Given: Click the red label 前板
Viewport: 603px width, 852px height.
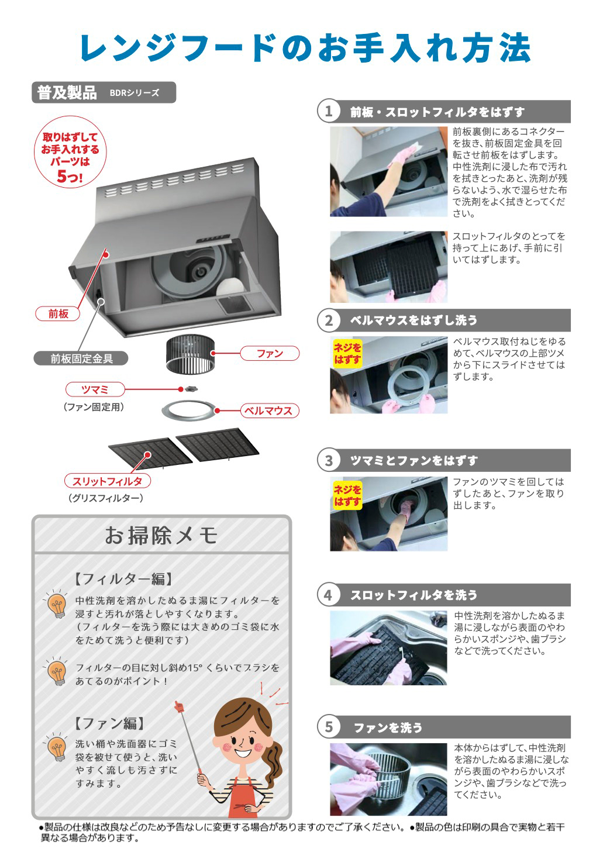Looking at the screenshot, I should (x=58, y=314).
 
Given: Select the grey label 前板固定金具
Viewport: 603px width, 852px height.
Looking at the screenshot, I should (x=81, y=358).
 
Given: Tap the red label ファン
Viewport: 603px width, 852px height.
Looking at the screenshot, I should (x=270, y=353).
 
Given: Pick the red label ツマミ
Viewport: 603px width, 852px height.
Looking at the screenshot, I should (x=95, y=389).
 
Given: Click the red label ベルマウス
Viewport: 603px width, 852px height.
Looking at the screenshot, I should (x=268, y=411).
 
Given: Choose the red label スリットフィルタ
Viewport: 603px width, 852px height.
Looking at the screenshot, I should (x=107, y=481).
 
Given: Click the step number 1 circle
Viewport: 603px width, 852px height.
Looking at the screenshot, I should (x=329, y=111).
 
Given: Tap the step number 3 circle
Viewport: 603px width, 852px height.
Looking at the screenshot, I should (x=329, y=460).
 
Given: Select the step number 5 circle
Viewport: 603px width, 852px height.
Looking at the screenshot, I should (x=329, y=727).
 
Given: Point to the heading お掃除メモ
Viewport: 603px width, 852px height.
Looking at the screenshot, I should (x=161, y=535).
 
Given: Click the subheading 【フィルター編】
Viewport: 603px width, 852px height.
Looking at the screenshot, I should (x=124, y=579).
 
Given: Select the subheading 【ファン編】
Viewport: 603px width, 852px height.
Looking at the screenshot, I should (x=109, y=723).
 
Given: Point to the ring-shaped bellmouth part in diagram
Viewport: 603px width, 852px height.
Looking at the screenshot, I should (x=189, y=410).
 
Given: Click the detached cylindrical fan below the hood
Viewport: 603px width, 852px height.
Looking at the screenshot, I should (x=190, y=354).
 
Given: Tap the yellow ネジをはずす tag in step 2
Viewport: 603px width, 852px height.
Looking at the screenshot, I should (x=347, y=354).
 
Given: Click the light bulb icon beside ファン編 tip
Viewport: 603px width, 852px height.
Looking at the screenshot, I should (x=57, y=749).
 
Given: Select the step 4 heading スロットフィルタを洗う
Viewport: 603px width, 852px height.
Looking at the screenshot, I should (x=414, y=595).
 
